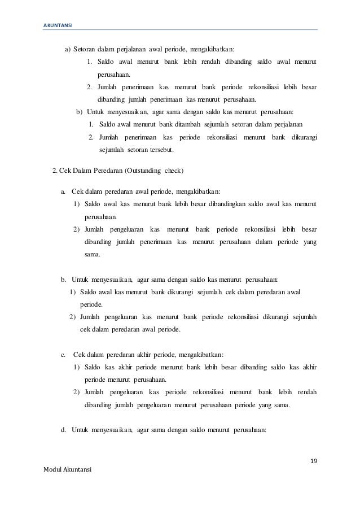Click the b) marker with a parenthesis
click(x=80, y=111)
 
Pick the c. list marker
click(x=63, y=354)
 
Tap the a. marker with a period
click(x=63, y=191)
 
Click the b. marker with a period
click(x=63, y=278)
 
